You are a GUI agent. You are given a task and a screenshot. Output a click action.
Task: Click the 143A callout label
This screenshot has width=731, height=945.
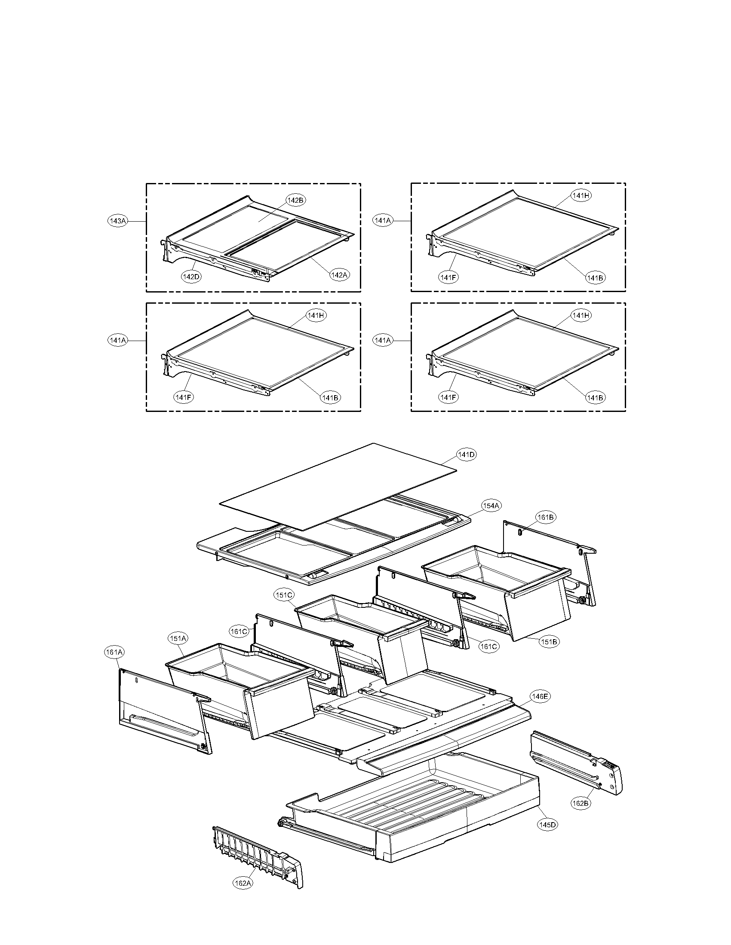[117, 221]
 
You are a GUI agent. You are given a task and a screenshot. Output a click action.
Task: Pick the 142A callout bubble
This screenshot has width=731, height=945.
[339, 274]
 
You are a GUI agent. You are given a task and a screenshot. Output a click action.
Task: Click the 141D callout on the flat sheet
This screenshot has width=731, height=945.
[466, 455]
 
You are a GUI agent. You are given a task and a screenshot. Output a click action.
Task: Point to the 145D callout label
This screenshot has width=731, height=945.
[547, 825]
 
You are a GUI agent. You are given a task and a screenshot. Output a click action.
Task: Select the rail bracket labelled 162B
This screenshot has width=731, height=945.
[576, 762]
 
